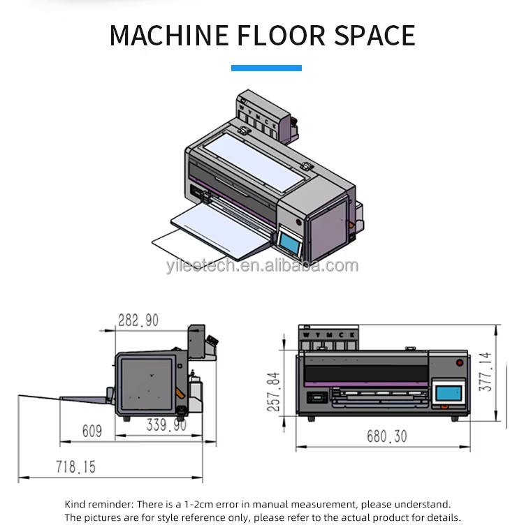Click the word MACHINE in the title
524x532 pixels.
click(x=169, y=36)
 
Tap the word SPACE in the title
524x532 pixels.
click(x=374, y=36)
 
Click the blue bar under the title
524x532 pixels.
click(x=266, y=68)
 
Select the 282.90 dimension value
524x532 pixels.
click(x=138, y=320)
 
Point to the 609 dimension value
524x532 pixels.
click(x=92, y=431)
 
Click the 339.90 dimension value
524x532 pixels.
click(x=166, y=424)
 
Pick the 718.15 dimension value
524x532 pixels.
click(x=75, y=467)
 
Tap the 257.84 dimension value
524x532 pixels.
click(x=274, y=392)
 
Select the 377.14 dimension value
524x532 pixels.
click(x=486, y=372)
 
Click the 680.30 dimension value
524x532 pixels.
click(x=387, y=436)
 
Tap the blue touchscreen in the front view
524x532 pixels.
click(x=449, y=393)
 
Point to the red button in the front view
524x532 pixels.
click(x=460, y=363)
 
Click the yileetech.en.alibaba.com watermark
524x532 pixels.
click(x=262, y=266)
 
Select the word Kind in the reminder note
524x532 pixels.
click(x=76, y=505)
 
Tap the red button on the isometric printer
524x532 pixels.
click(x=299, y=222)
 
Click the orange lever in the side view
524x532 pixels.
click(x=180, y=393)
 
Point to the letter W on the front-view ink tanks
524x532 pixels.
click(x=306, y=335)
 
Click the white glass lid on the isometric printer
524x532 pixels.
click(x=254, y=161)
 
